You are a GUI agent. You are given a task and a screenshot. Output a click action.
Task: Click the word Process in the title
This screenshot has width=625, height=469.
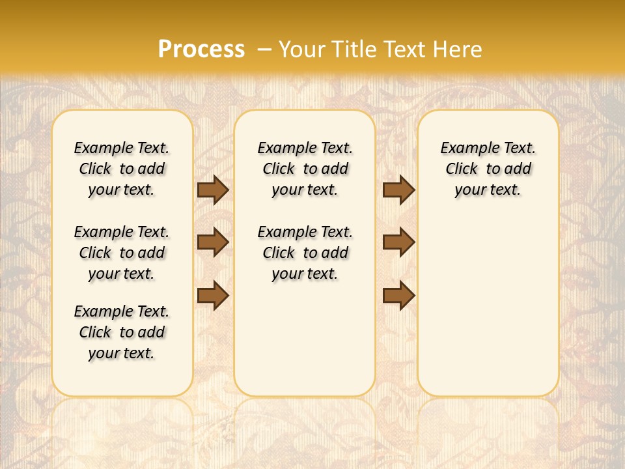coord(201,50)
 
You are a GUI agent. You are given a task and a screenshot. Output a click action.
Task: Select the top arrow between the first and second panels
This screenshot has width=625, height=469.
coord(213,190)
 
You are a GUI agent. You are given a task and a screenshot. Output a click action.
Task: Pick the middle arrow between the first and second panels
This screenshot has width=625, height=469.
coord(213,242)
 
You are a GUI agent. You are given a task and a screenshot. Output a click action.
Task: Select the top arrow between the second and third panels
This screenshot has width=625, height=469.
coord(398,190)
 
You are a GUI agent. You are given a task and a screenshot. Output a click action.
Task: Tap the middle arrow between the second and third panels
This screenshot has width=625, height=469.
coord(398,242)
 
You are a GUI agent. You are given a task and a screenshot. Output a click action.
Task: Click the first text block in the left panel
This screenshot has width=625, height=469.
coord(122,169)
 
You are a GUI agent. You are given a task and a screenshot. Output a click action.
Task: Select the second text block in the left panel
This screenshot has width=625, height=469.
coord(122,253)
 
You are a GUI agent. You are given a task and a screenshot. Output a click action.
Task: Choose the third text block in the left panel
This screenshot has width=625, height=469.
coord(122,332)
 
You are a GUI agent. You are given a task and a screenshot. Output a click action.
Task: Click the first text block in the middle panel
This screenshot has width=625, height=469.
coord(305,169)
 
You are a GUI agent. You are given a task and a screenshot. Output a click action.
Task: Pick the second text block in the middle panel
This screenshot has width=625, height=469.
coord(305,253)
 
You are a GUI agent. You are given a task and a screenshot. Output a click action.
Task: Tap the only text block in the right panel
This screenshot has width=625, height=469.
coord(488,169)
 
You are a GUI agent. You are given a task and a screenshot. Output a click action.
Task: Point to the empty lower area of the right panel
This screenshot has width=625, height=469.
coord(488,306)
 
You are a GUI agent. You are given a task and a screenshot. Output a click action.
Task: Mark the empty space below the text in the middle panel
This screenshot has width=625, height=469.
coord(305,339)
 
